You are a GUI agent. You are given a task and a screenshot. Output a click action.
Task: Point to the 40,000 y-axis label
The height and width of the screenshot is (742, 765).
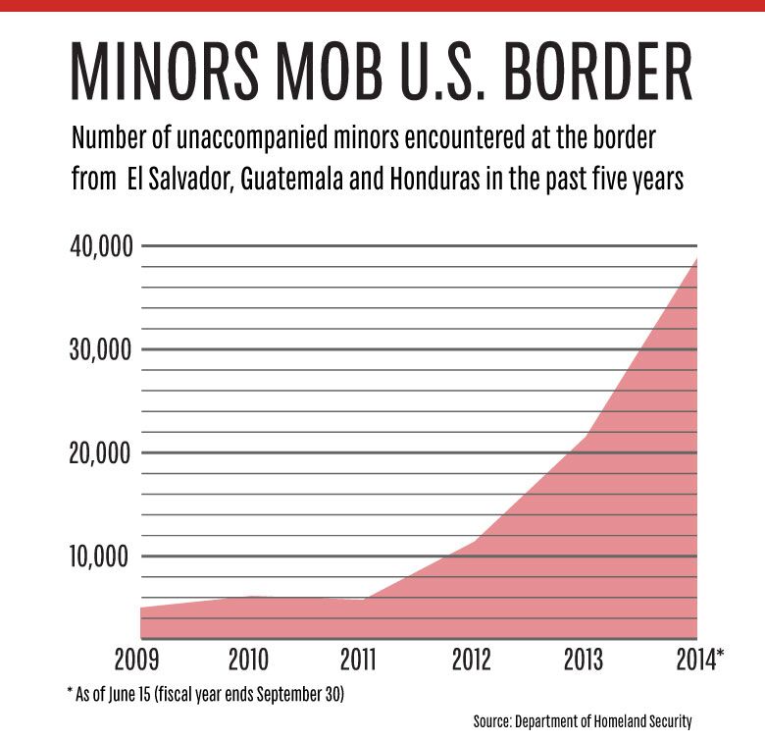pyautogui.click(x=100, y=246)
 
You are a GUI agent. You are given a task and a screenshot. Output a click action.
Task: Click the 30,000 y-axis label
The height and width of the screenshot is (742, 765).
pyautogui.click(x=100, y=350)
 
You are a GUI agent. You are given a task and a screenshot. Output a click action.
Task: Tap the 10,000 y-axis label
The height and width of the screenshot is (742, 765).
pyautogui.click(x=100, y=557)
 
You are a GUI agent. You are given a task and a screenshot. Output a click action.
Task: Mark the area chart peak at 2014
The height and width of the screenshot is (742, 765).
pyautogui.click(x=696, y=259)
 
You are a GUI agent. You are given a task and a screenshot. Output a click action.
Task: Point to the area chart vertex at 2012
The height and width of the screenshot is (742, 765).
pyautogui.click(x=476, y=541)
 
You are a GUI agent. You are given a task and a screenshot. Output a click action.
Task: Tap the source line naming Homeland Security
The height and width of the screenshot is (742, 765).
pyautogui.click(x=582, y=722)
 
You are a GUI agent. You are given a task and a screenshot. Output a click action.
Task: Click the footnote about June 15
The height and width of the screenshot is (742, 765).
pyautogui.click(x=206, y=694)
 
